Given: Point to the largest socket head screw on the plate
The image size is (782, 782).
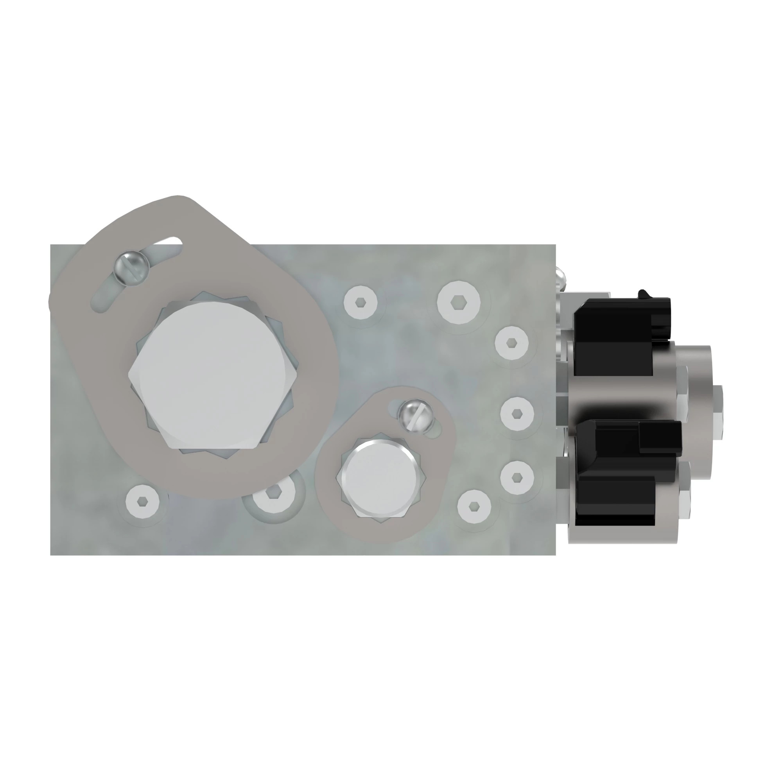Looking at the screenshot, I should (x=459, y=302).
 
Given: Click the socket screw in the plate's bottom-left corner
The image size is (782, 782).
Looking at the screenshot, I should (x=142, y=502).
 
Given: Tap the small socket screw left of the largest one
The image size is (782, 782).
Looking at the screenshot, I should (x=360, y=302).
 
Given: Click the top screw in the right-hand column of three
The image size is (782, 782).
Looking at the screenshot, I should (x=511, y=343).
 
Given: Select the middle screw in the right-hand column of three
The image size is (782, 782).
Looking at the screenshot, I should (x=517, y=413).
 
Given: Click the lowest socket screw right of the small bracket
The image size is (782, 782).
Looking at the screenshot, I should (x=474, y=506).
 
